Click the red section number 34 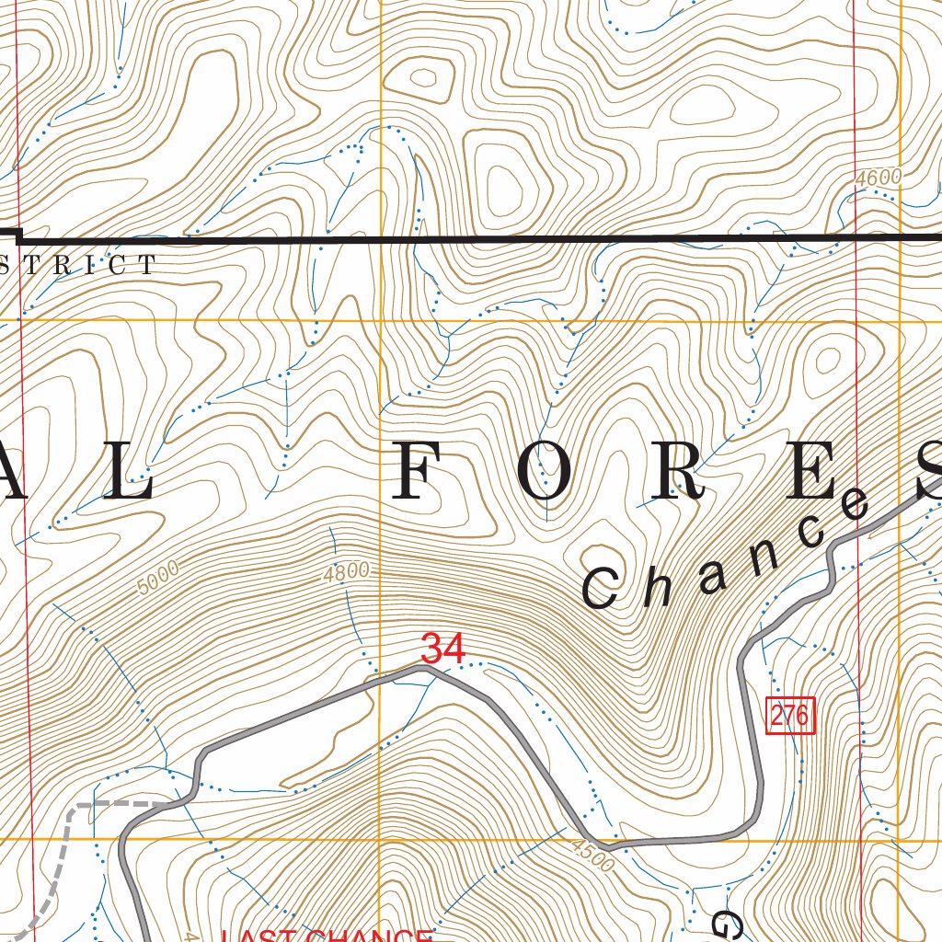tap(442, 649)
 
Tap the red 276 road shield tap(790, 716)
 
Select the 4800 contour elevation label tap(346, 573)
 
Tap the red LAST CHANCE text tap(327, 936)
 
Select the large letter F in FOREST tap(418, 476)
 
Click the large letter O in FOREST tap(550, 476)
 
